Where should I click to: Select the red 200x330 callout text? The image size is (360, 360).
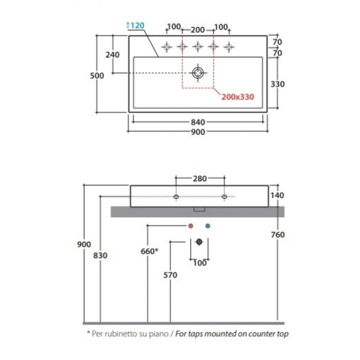(238, 97)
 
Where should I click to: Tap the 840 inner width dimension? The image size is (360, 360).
(198, 122)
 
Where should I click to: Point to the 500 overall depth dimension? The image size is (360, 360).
(97, 76)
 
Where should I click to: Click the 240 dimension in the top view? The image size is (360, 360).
(113, 55)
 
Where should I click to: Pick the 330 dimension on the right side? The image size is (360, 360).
(278, 84)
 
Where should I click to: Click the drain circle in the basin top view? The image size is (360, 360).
(197, 73)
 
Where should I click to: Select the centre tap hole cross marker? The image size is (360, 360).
(197, 47)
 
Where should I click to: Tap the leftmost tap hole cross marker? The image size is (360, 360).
(167, 47)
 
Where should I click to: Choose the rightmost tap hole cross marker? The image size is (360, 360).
(229, 47)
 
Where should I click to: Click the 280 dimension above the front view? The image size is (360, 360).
(200, 179)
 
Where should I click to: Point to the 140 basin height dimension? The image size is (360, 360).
(277, 196)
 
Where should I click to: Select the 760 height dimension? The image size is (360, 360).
(278, 235)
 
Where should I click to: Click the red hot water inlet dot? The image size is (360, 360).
(191, 226)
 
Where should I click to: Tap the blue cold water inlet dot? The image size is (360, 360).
(208, 226)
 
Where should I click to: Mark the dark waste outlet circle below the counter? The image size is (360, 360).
(199, 242)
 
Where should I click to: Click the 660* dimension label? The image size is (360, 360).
(149, 251)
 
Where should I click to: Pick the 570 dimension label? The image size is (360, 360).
(170, 275)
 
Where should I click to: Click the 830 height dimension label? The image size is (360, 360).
(100, 256)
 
